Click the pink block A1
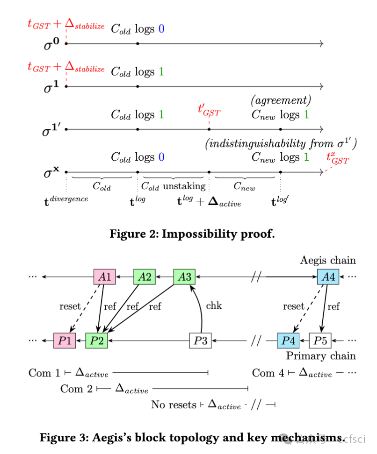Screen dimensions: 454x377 point(105,277)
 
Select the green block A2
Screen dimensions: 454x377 point(145,277)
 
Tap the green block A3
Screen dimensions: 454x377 point(185,277)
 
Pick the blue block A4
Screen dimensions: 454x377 point(328,277)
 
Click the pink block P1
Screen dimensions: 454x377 point(65,340)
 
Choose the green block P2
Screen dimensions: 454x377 point(96,340)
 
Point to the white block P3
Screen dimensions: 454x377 point(200,340)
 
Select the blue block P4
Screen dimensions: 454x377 point(288,340)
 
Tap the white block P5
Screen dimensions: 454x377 point(320,340)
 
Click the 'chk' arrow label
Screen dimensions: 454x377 point(214,306)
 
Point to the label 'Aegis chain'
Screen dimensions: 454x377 point(328,260)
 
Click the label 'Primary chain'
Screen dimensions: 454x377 point(321,356)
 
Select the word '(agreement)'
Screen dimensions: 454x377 point(281,100)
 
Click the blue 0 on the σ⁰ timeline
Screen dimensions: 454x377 point(161,29)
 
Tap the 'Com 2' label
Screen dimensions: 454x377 point(76,389)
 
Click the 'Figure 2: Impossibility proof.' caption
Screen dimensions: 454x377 point(192,234)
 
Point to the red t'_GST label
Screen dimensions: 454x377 point(209,110)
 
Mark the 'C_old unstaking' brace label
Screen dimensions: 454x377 point(173,186)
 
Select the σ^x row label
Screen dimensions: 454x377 point(51,174)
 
